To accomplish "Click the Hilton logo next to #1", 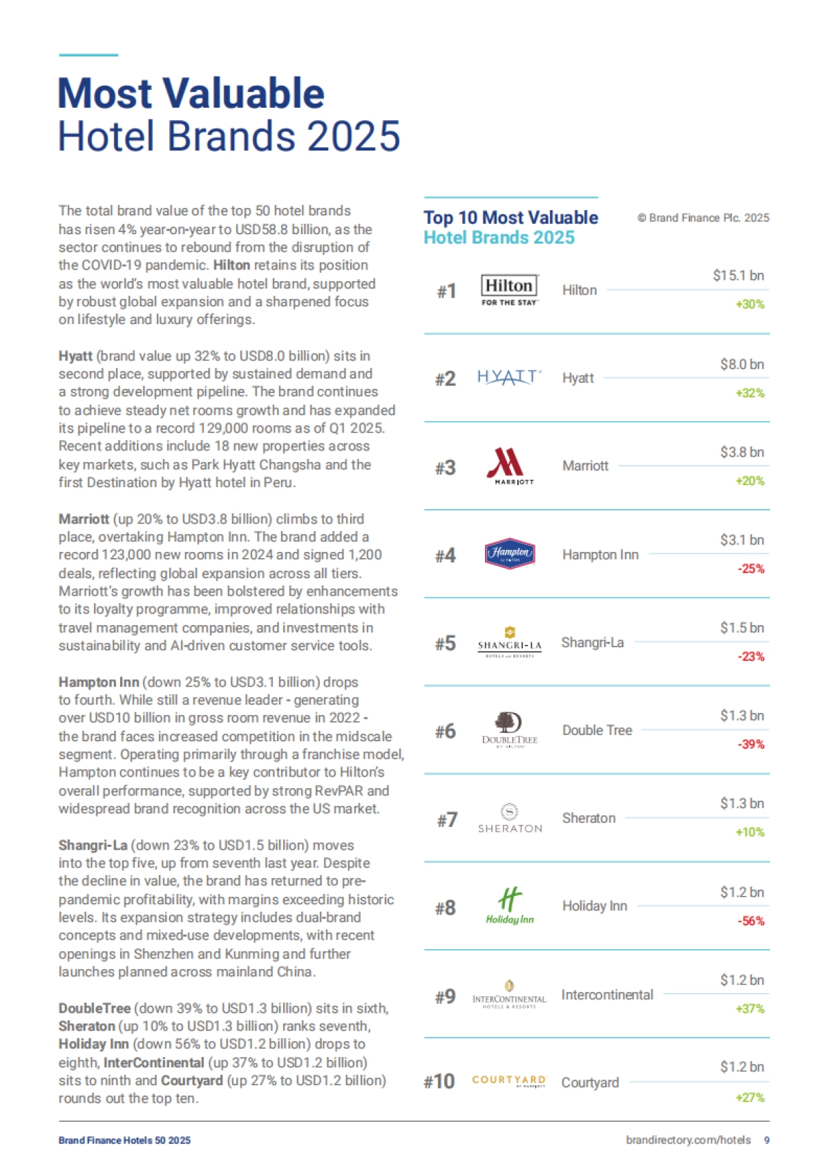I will click(509, 290).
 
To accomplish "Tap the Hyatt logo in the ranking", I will click(509, 378).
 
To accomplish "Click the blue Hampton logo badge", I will click(510, 553).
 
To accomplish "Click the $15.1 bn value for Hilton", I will click(739, 276).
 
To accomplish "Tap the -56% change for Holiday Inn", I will click(751, 921).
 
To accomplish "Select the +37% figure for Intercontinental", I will click(750, 1009).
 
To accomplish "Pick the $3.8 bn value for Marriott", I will click(742, 452).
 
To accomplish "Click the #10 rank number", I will click(439, 1081).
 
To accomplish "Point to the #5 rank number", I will click(446, 643).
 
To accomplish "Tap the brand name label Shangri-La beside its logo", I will click(592, 642).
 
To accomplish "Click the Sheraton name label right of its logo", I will click(589, 818).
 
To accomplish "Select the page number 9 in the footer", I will click(767, 1140).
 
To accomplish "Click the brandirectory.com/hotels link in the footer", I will click(688, 1140).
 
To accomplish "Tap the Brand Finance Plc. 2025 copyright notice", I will click(703, 218).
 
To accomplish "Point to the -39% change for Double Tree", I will click(751, 744).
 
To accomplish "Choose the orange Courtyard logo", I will click(509, 1081).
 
